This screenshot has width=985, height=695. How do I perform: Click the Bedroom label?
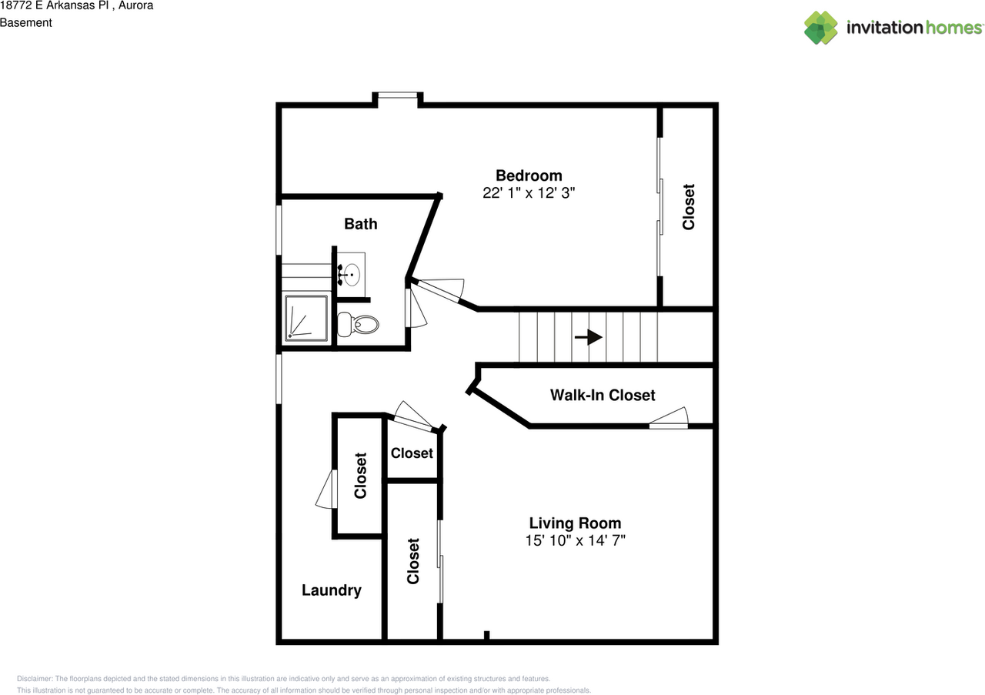tap(529, 175)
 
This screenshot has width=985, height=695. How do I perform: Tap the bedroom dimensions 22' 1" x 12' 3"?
tap(529, 192)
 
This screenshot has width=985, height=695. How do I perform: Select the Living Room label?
tap(575, 523)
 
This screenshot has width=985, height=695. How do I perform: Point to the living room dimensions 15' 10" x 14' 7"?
tap(575, 540)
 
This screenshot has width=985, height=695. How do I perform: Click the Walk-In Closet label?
tap(603, 395)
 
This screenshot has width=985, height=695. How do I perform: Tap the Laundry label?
tap(332, 590)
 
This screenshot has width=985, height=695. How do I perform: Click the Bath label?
tap(361, 224)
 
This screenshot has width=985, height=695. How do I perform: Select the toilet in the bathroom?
tap(358, 325)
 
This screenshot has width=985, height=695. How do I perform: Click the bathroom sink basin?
tap(352, 275)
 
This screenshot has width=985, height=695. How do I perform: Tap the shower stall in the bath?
tap(306, 319)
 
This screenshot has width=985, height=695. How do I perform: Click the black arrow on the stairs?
tap(589, 337)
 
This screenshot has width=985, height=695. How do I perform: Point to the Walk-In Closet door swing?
tap(669, 417)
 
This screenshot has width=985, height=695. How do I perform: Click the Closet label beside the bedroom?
tap(689, 207)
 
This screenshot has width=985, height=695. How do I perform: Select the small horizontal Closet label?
tap(412, 453)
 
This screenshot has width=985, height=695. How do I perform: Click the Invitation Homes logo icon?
tap(821, 28)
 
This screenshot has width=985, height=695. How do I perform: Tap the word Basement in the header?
tap(26, 23)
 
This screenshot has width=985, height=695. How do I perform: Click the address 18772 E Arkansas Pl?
tap(55, 5)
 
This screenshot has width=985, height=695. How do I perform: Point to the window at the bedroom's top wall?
tap(398, 95)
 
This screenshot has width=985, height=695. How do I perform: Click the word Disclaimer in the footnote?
tap(35, 679)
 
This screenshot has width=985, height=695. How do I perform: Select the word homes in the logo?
tap(953, 28)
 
